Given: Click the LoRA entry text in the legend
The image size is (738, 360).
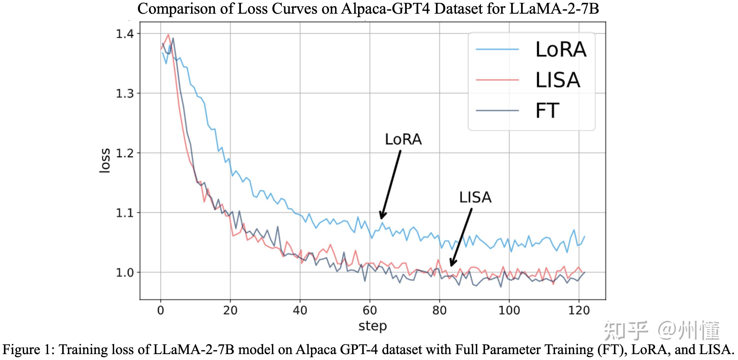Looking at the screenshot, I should pos(561,50).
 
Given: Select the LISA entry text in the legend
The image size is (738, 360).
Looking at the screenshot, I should pos(557,80).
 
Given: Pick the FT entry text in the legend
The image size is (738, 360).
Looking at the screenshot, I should pos(547,111).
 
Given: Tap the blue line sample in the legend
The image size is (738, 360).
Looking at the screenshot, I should pos(497,50).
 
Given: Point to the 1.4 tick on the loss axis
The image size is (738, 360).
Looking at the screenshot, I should pos(125,34).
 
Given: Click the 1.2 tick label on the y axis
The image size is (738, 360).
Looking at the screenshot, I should pos(125,153).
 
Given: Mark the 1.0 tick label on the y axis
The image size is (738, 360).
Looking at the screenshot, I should pos(125,273).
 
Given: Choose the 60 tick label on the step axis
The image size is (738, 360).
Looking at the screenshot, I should pos(370,310).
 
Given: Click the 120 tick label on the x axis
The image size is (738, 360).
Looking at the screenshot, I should pos(579,310).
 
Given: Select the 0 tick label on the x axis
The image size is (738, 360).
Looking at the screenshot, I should pos(160,310).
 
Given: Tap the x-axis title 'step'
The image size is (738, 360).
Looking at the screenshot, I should pos(372,326).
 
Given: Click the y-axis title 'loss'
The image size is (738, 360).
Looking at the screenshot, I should pos(105,160).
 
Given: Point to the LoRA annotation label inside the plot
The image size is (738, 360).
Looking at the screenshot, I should pos(403,139).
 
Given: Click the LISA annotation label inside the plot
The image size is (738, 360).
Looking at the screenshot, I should pos(475,197).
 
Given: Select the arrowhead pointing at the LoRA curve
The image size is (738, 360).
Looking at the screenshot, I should pos(382,216).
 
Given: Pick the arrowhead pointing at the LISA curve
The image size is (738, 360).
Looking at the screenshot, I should pos(452,263).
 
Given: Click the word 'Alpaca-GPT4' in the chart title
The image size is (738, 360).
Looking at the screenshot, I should pos(386,9).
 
